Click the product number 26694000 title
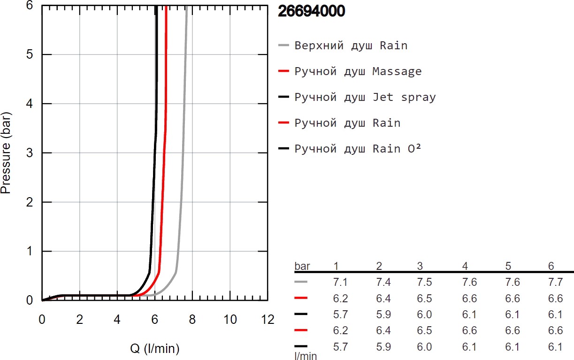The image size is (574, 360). pos(311,11)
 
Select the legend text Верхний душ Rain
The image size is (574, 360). pos(351,46)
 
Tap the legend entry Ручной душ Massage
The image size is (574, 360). pos(358,71)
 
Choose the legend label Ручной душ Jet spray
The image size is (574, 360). pos(365,97)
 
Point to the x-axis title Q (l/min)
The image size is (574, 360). pos(155,349)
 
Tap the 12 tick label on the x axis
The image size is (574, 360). pos(268,320)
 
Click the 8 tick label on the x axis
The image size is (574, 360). pos(192,320)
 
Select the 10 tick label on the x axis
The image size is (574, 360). pos(230,320)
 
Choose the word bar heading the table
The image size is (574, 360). pos(302,267)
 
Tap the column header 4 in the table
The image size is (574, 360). pos(465,267)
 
